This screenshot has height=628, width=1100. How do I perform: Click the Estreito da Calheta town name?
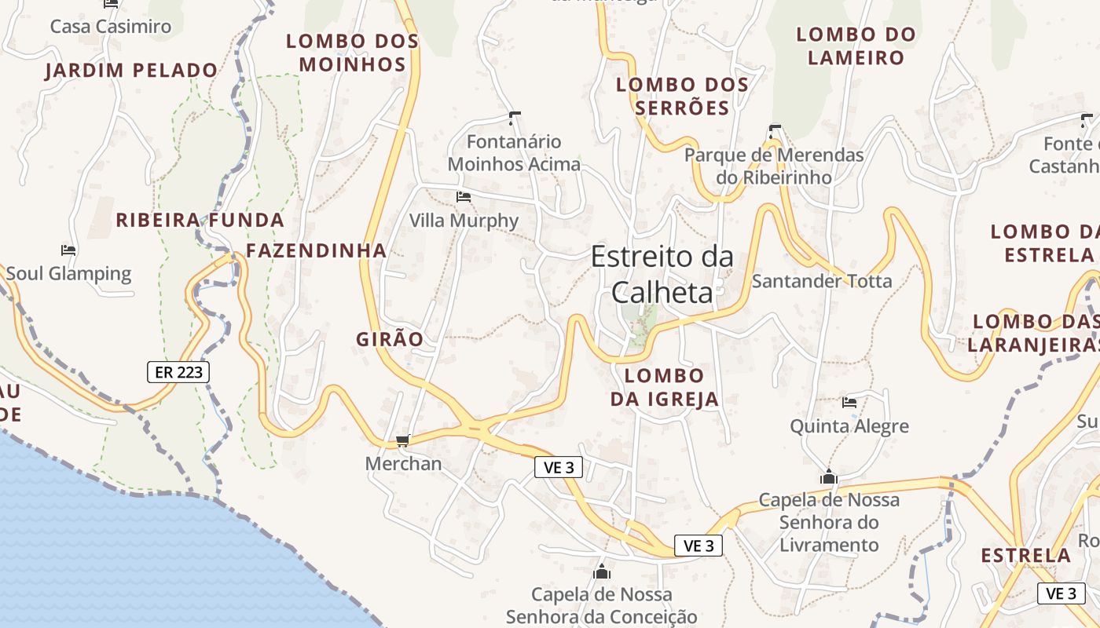662,274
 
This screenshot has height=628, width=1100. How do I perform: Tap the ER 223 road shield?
178,372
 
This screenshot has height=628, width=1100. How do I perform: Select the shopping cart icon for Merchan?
403,441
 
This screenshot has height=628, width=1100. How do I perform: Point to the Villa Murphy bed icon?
464,197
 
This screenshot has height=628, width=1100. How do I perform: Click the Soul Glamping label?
68,274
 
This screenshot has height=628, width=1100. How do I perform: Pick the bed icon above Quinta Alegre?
849,403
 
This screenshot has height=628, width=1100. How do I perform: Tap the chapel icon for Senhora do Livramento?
828,476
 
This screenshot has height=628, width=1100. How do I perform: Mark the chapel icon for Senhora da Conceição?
602,571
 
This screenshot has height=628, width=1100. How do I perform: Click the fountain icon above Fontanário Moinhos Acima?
515,119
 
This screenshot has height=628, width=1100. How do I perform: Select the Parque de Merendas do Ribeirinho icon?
775,131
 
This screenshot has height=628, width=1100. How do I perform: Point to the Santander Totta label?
822,281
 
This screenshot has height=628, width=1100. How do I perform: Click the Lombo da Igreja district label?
665,387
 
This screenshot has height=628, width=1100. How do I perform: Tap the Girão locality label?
390,340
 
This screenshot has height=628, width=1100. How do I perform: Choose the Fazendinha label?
316,251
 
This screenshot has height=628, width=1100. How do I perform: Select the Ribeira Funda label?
200,220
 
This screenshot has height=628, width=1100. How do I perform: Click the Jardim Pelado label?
131,71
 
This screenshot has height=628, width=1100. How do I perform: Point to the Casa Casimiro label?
111,27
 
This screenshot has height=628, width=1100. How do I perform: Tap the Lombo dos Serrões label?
682,96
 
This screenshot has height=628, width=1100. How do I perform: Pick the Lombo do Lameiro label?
856,46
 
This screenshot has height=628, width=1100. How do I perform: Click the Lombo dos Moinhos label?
352,53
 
